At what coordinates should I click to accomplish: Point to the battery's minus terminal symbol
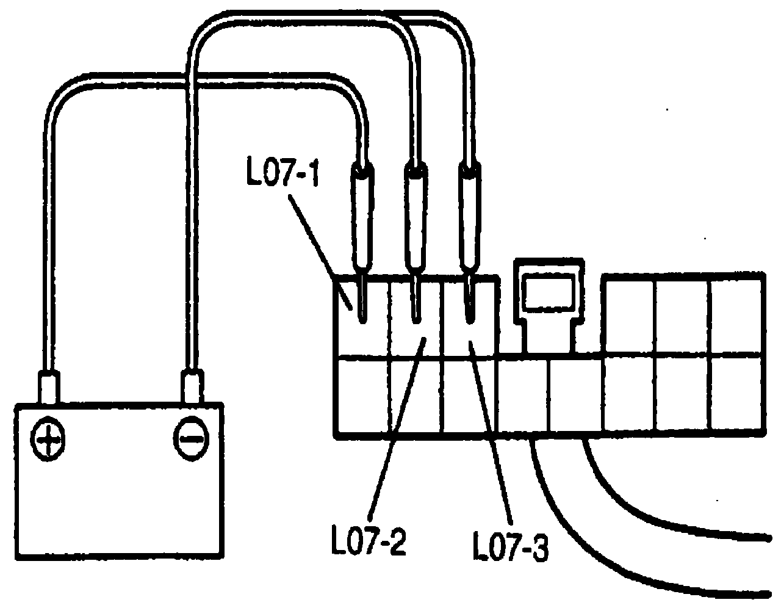(191, 438)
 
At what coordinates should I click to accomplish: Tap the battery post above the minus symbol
(192, 386)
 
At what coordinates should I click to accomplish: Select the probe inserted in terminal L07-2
(416, 220)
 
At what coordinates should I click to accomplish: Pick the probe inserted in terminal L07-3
(470, 220)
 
